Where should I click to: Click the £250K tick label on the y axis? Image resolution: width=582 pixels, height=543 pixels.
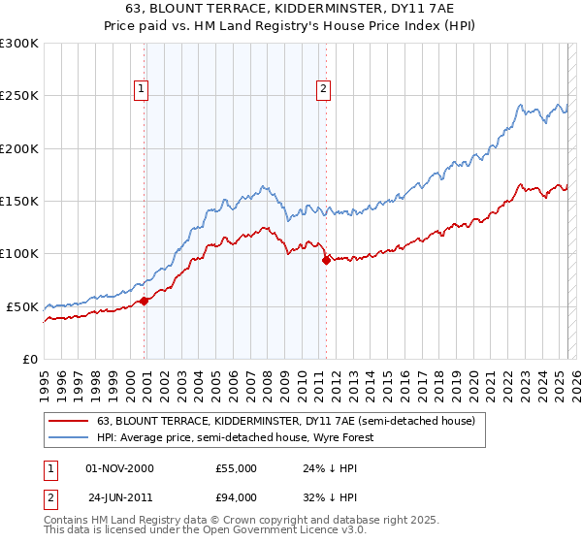[x=18, y=96]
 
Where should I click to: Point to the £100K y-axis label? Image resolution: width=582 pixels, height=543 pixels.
[x=18, y=254]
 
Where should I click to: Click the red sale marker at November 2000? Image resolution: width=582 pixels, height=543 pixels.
[x=145, y=301]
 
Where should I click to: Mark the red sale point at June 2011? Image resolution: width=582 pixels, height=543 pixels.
[x=326, y=260]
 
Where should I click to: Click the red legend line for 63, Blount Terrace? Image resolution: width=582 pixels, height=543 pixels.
[x=69, y=422]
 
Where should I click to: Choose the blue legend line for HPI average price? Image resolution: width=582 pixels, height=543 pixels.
[x=69, y=437]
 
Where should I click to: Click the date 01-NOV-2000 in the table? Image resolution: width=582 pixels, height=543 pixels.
[x=120, y=468]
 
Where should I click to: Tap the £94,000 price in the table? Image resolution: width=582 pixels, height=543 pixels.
[x=236, y=497]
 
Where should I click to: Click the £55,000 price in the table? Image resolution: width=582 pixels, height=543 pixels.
[x=236, y=468]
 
